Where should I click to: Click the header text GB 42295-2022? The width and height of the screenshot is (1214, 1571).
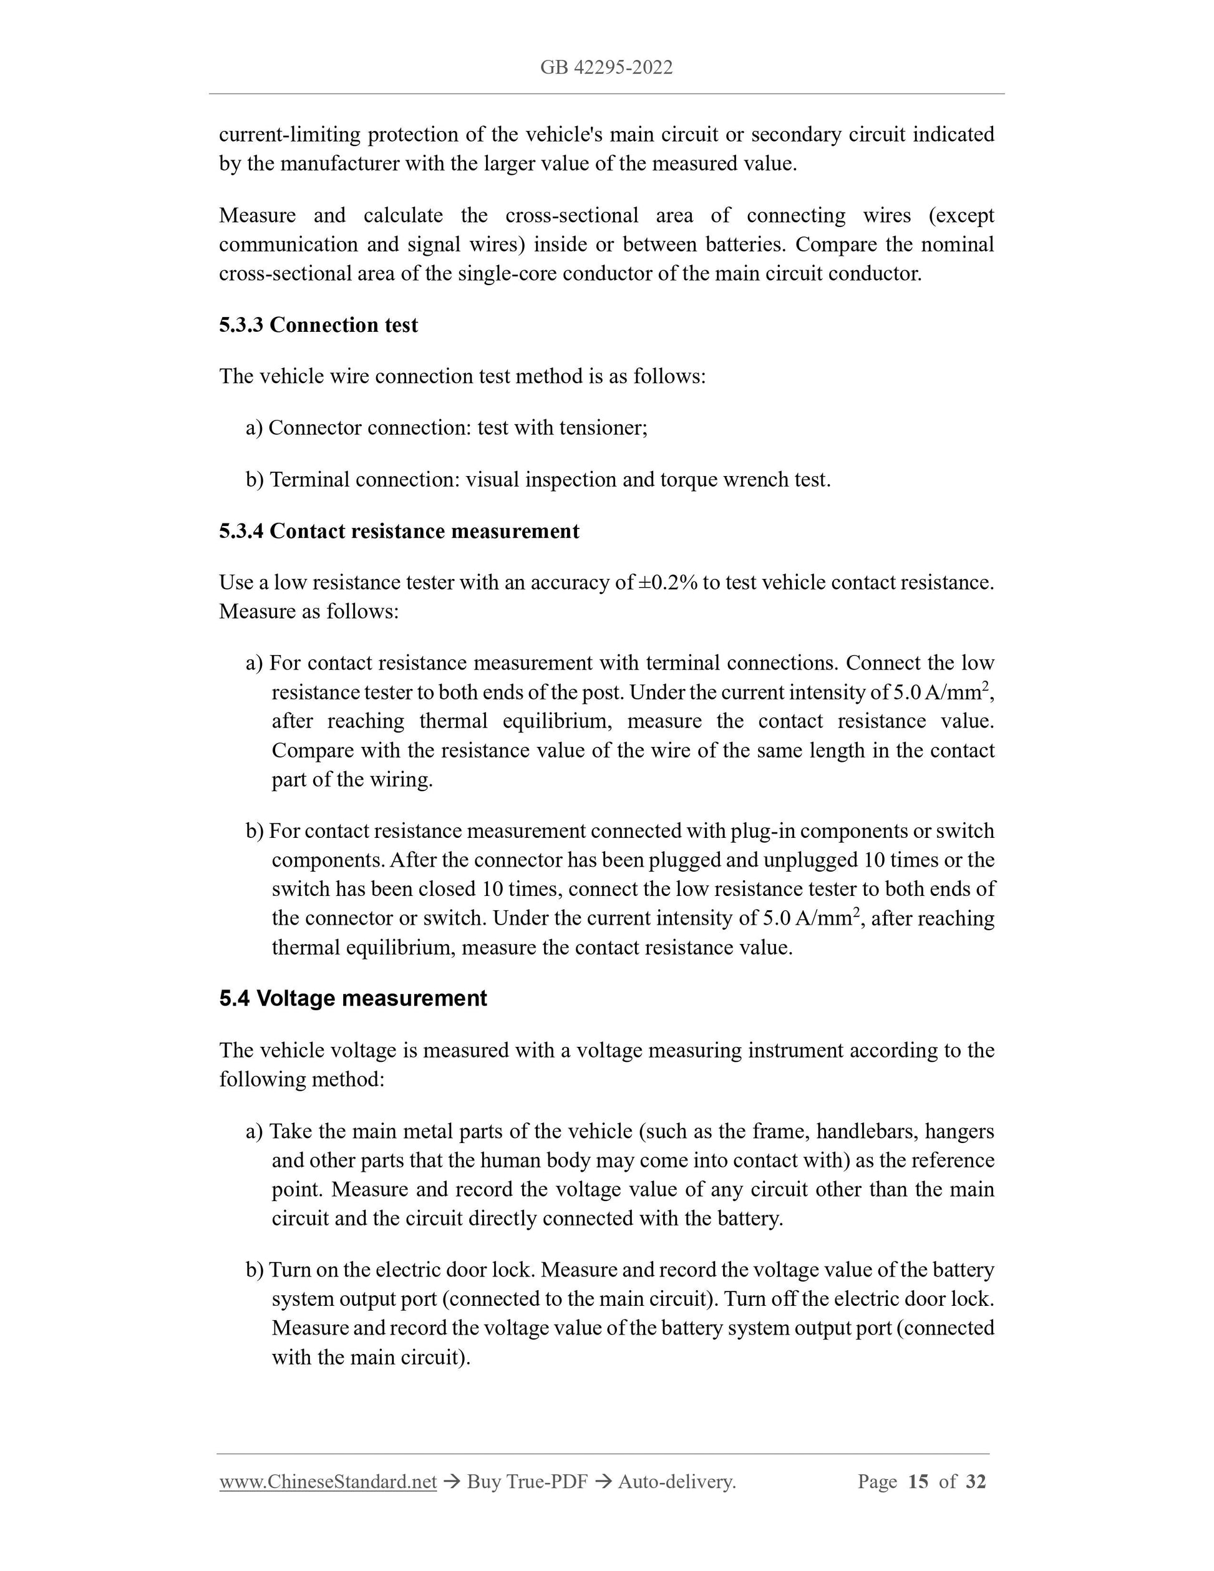(x=606, y=67)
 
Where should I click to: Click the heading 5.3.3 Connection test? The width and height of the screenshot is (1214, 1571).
(x=318, y=325)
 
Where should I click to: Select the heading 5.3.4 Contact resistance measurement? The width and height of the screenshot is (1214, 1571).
(x=399, y=531)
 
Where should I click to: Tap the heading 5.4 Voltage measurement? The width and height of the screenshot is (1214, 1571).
(x=352, y=998)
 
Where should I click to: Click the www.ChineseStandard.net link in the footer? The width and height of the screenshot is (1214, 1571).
(x=328, y=1482)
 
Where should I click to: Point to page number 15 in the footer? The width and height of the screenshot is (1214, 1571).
(x=918, y=1482)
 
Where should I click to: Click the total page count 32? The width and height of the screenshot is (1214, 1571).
(x=975, y=1482)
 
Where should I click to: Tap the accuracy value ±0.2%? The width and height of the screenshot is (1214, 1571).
(x=668, y=583)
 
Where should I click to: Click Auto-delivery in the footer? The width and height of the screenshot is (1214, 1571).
(x=677, y=1482)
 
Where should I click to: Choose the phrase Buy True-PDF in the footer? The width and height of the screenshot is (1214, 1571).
(x=527, y=1482)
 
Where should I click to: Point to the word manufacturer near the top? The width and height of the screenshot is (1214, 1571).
(x=338, y=164)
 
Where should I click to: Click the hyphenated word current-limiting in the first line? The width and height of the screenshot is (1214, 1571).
(x=289, y=135)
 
